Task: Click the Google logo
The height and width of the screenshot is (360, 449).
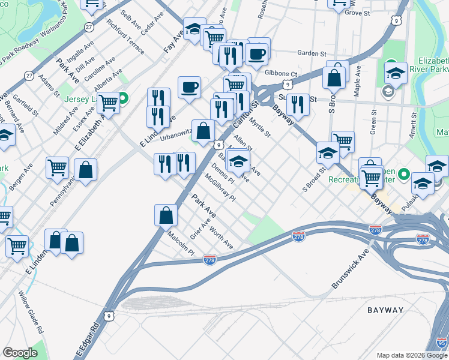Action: (x=20, y=353)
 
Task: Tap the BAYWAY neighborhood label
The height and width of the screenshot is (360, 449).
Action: (x=385, y=310)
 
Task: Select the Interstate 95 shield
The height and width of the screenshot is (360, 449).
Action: (x=441, y=343)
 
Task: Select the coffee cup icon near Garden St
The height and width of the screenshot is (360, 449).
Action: (x=257, y=53)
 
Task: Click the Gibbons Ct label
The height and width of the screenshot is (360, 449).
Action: (x=281, y=74)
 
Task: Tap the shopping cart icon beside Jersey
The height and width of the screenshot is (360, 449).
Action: (x=108, y=103)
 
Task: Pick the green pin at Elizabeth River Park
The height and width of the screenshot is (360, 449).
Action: (x=390, y=64)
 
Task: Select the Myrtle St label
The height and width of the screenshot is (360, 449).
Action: (x=261, y=127)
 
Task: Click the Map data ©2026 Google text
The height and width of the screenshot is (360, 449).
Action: (x=412, y=355)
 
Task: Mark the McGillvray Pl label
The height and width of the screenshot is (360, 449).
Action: (x=220, y=187)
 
